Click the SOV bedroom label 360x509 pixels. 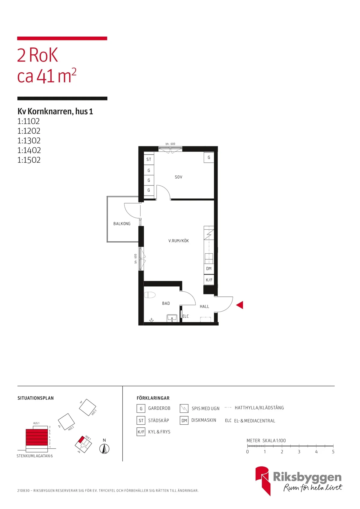coord(178,177)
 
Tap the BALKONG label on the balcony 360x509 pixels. coord(122,224)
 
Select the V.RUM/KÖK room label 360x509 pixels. coord(178,241)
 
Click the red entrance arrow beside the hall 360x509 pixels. coord(240,305)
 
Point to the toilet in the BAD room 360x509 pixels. coord(150,295)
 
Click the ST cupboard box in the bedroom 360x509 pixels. coord(149,159)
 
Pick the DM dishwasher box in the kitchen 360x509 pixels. coord(209,269)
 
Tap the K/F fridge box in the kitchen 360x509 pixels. coord(209,280)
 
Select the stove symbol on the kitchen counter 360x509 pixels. coord(209,234)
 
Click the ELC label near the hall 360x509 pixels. coord(185,316)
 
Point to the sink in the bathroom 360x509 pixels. coord(172,318)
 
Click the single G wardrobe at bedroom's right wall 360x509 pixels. coord(209,157)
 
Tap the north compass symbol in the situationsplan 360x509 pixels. coord(104,449)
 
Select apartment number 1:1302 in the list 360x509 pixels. coord(29,140)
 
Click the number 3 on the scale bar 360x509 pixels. coord(299,452)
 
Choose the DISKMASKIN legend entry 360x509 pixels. coord(204,420)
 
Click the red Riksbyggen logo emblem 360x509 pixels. coord(262,480)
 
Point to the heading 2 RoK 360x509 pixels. coord(37,55)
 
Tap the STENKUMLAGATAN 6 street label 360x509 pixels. coord(35,456)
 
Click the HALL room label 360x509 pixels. coord(204,306)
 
